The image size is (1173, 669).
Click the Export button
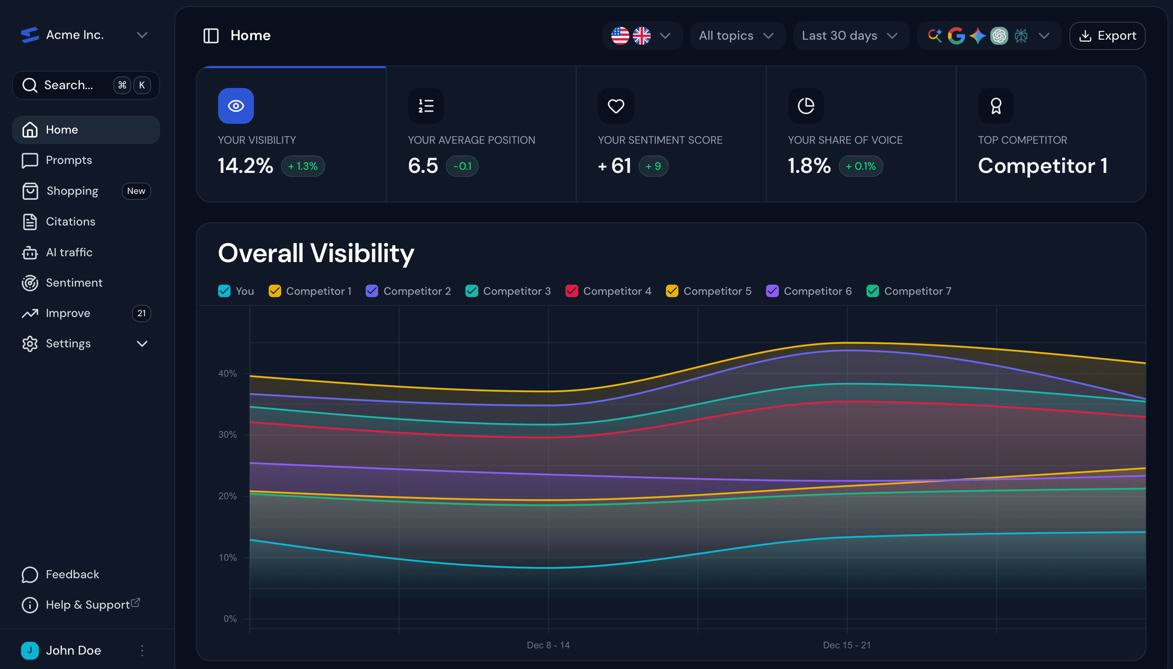tap(1107, 35)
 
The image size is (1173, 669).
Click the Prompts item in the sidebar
tap(69, 160)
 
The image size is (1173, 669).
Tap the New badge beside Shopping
tap(136, 191)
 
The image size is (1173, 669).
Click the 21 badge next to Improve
tap(141, 313)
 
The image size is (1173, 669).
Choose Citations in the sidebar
tap(70, 222)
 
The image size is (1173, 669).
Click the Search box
tap(69, 85)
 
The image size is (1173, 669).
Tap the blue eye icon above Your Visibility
tap(236, 106)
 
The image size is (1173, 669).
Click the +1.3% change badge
tap(303, 166)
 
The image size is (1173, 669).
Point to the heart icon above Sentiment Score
tap(616, 106)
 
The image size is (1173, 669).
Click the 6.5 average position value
tap(423, 166)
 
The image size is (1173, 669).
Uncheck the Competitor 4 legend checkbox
tap(572, 291)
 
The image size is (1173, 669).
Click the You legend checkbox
tap(224, 291)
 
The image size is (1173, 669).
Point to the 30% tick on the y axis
tap(227, 434)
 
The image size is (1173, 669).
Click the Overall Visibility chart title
tap(316, 253)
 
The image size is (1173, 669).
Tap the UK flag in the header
tap(641, 35)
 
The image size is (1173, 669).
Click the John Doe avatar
tap(30, 650)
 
